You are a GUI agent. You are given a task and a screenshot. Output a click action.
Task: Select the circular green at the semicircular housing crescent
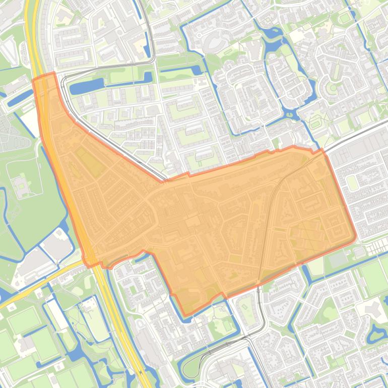[332, 89]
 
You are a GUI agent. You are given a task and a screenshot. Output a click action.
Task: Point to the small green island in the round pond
[379, 333]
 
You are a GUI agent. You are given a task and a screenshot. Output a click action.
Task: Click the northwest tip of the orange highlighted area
[34, 80]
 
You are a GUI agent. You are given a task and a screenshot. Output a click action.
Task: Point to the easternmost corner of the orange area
[356, 236]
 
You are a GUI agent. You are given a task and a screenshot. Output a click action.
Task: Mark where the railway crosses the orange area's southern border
[258, 285]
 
